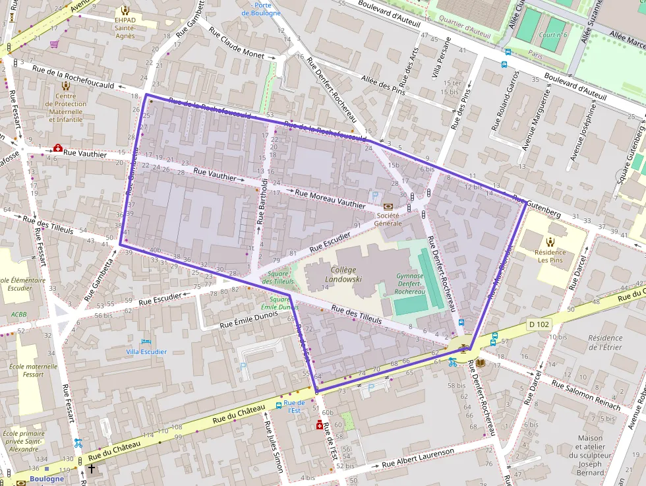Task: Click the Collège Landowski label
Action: (340, 274)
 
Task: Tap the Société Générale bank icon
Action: (388, 206)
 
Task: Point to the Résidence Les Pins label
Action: (550, 256)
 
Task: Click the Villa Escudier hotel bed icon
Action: (146, 342)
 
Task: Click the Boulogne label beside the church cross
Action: (47, 479)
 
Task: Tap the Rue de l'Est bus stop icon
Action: (279, 406)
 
